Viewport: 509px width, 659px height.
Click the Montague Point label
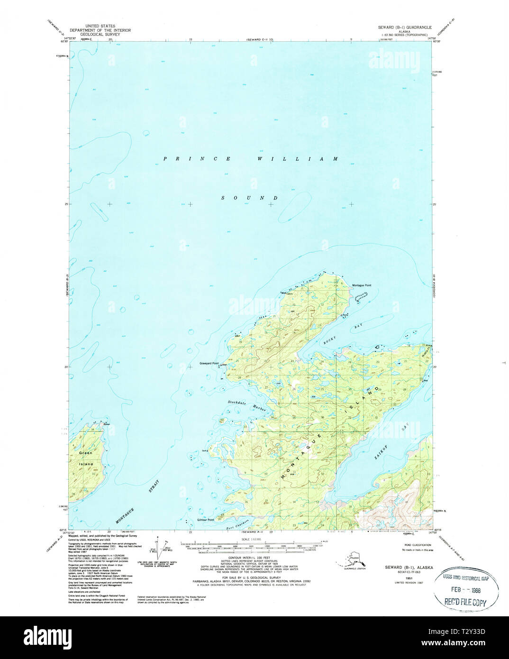pos(362,285)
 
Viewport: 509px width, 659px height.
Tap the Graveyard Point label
pos(209,364)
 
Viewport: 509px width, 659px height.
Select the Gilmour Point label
pos(206,520)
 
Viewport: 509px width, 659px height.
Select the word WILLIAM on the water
pos(298,159)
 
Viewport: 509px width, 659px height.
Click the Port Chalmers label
pos(238,521)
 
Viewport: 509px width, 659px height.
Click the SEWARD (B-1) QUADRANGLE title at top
pos(409,27)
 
